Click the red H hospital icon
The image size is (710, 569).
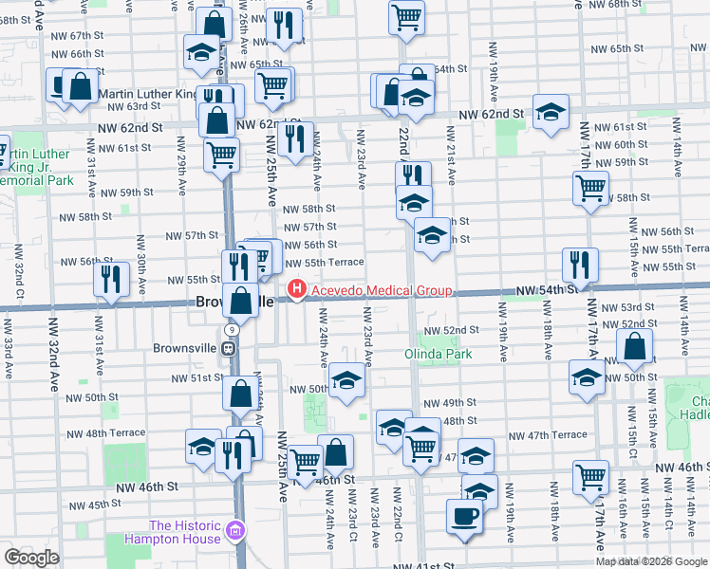tap(296, 289)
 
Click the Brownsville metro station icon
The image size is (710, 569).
tap(229, 347)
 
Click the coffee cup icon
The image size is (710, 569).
tap(464, 516)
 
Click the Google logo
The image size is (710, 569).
tap(32, 558)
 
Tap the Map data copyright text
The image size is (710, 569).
tap(651, 561)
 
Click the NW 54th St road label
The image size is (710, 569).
tap(547, 288)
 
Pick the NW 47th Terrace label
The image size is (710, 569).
tap(548, 434)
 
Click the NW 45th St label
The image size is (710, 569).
tap(85, 505)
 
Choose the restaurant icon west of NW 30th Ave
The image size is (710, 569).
tap(112, 278)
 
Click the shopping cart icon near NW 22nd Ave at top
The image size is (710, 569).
tap(406, 15)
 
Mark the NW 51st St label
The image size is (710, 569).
tap(195, 377)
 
